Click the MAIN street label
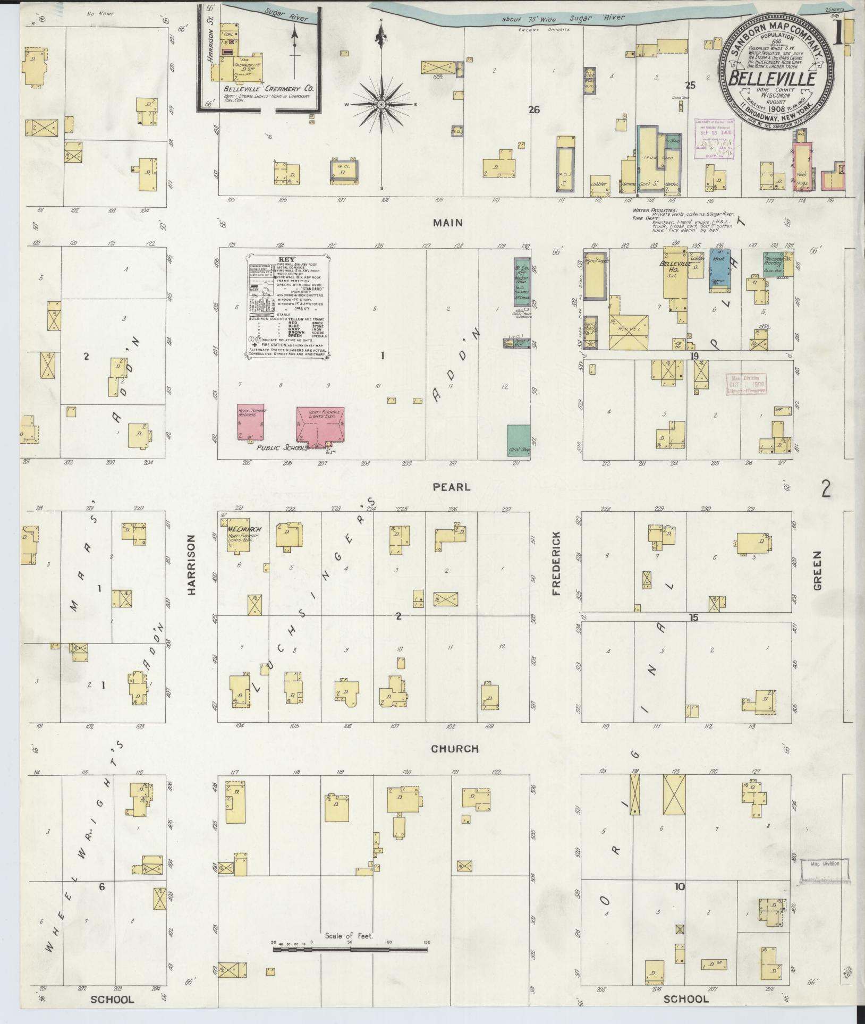447,223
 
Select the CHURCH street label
454,749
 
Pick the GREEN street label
818,570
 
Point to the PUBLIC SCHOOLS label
282,448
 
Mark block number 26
534,110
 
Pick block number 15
693,617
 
